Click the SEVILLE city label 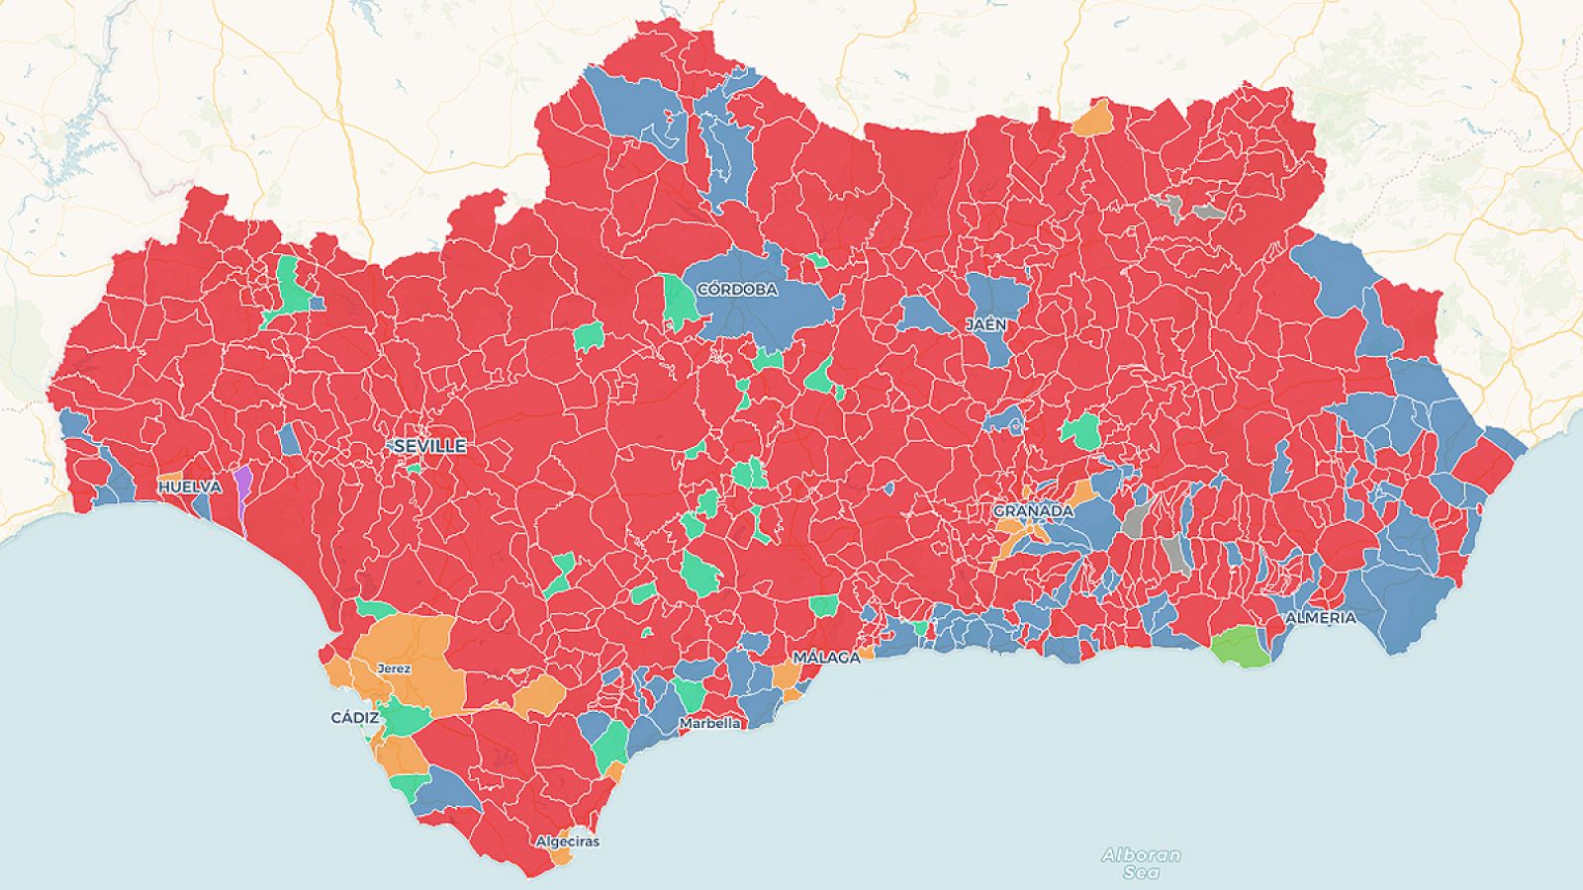[x=429, y=446]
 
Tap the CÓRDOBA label [x=737, y=290]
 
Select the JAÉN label [x=987, y=324]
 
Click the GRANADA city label [x=1033, y=511]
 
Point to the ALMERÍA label [x=1321, y=617]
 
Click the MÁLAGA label [x=826, y=658]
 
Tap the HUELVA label [x=189, y=488]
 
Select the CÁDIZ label [x=354, y=718]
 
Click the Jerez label [x=394, y=668]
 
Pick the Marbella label [x=709, y=723]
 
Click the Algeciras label [x=567, y=842]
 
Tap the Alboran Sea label [x=1141, y=863]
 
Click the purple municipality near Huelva [x=242, y=486]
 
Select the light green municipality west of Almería [x=1241, y=648]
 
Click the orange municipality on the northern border [x=1093, y=121]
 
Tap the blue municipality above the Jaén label [x=997, y=295]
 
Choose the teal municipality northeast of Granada [x=1081, y=432]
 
